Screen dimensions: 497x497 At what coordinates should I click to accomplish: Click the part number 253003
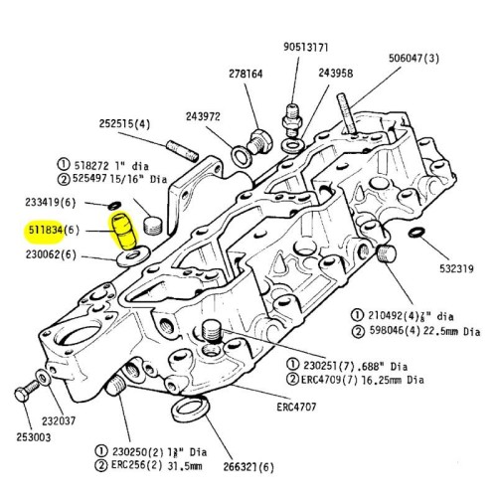(x=37, y=436)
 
